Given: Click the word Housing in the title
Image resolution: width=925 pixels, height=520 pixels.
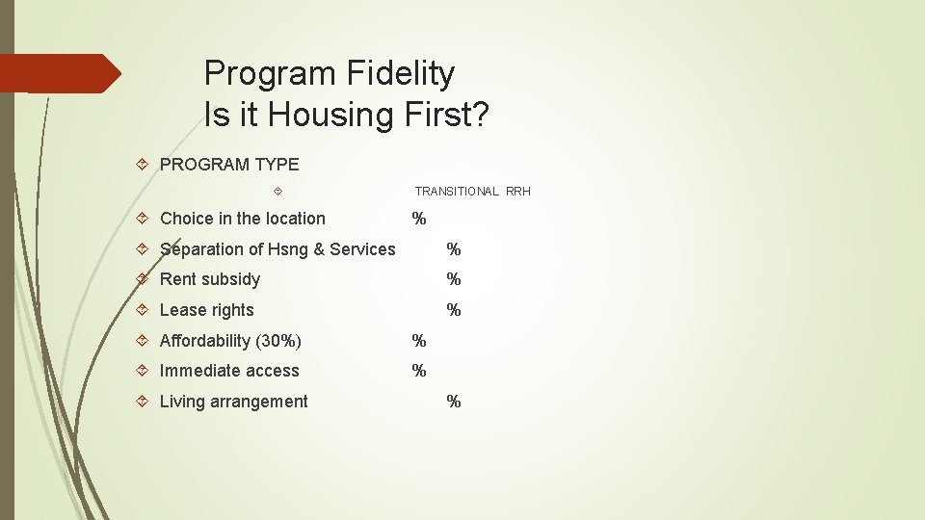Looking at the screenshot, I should pos(330,115).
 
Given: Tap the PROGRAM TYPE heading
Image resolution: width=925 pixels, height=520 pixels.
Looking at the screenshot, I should pos(229,165).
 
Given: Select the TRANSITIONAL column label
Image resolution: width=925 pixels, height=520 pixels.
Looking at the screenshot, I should pos(457,192).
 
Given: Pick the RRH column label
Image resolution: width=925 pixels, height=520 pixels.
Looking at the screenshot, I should pos(518,192).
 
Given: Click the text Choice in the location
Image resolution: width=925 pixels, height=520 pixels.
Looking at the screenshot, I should pos(243,219).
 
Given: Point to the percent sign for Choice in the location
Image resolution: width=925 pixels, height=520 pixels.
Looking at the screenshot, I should pos(419,219).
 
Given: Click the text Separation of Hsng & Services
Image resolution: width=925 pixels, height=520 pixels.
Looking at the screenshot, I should pos(277,249).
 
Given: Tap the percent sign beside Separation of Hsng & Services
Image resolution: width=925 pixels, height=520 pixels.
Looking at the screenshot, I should pos(454,249).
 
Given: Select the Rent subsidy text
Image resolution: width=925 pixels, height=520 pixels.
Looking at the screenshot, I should pos(210,279).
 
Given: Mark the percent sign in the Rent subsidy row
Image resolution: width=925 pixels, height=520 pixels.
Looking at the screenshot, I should pos(454,279).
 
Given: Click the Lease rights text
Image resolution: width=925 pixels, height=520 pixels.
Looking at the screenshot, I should pos(207,310).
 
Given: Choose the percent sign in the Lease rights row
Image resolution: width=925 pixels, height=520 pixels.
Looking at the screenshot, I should pos(454,310).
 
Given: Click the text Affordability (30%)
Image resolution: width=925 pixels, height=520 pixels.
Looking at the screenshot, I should pos(230,341).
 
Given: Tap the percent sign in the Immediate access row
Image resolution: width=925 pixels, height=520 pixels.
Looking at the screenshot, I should pos(419,371).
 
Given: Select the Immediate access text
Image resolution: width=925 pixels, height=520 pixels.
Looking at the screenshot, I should pos(229,371).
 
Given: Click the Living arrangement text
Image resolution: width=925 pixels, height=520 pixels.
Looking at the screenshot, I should pos(234,402).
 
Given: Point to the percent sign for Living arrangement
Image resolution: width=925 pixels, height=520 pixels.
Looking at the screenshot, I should pos(454,402).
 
